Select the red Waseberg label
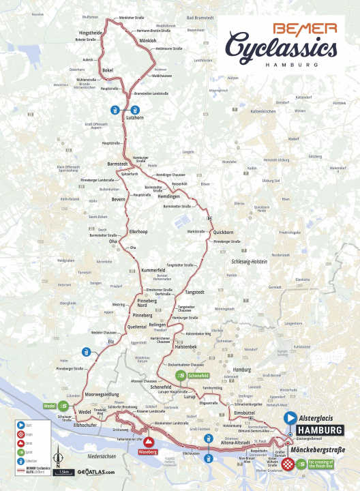pos(148,451)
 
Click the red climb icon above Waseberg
pos(148,441)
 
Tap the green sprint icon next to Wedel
pos(63,405)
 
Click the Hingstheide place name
pos(91,32)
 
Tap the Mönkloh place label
pos(148,41)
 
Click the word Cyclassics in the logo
pos(282,48)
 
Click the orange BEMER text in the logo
pos(305,29)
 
